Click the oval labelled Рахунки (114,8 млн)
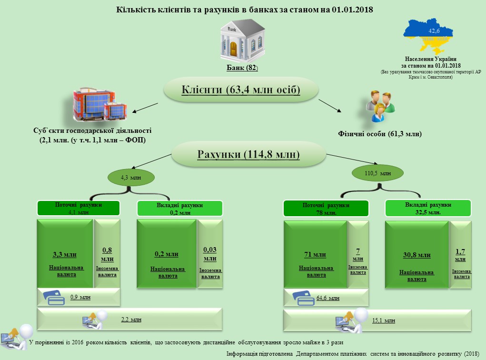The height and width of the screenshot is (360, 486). pyautogui.click(x=248, y=155)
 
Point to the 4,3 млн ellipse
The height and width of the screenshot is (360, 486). pyautogui.click(x=131, y=178)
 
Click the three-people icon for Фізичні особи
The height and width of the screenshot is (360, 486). pyautogui.click(x=379, y=106)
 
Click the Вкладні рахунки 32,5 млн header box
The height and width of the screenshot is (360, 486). pyautogui.click(x=428, y=208)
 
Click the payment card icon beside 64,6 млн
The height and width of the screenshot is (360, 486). pyautogui.click(x=301, y=297)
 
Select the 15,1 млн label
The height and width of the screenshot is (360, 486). pyautogui.click(x=383, y=320)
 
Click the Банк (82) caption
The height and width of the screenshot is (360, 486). pyautogui.click(x=242, y=68)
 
